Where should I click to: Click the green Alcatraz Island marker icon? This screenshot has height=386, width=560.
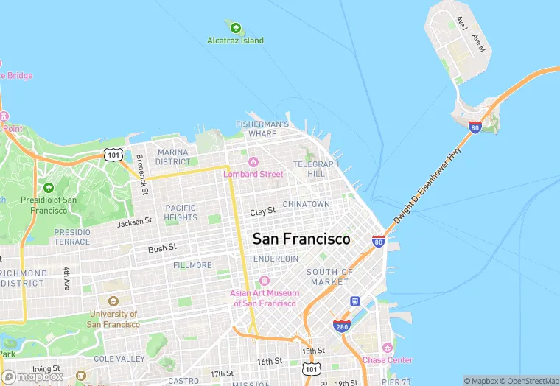236,29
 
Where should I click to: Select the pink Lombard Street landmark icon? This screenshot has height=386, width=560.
253,162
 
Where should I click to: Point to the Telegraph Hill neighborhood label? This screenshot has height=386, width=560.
315,169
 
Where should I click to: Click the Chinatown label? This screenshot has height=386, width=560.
306,204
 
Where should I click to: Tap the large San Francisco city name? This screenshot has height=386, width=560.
301,239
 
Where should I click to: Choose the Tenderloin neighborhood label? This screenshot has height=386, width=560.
273,259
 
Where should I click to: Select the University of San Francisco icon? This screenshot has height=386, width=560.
113,301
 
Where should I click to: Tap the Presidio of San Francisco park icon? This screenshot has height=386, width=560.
49,188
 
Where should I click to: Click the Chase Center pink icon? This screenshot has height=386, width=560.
388,348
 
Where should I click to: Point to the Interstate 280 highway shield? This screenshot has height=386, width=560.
341,326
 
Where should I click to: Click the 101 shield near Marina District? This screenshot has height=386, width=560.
113,154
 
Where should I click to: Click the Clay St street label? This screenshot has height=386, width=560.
262,211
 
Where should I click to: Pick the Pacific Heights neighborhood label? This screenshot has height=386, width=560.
181,213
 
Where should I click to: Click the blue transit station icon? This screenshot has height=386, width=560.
354,301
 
